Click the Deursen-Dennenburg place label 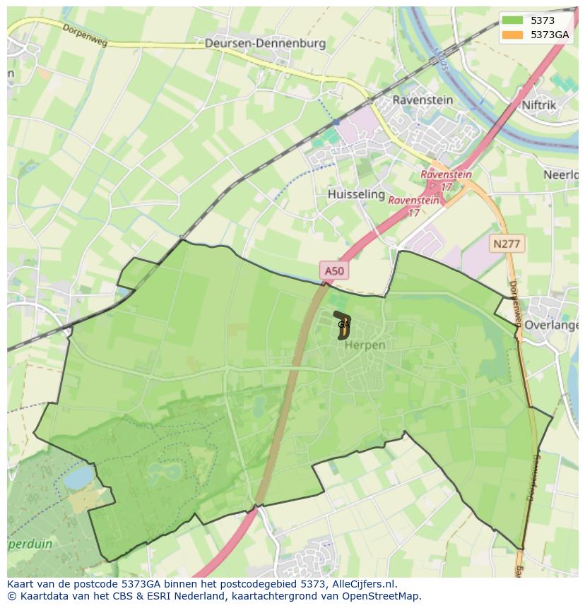coord(265,43)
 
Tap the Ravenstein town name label coord(422,100)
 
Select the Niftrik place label coord(539,105)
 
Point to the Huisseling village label coord(356,193)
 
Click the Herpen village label coord(365,345)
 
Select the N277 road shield coord(506,244)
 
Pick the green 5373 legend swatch coord(513,20)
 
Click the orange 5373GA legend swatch coord(513,35)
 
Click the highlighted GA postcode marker coord(343,324)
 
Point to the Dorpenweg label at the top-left coord(83,33)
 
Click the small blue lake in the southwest coord(78,477)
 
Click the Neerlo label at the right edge coord(562,174)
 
